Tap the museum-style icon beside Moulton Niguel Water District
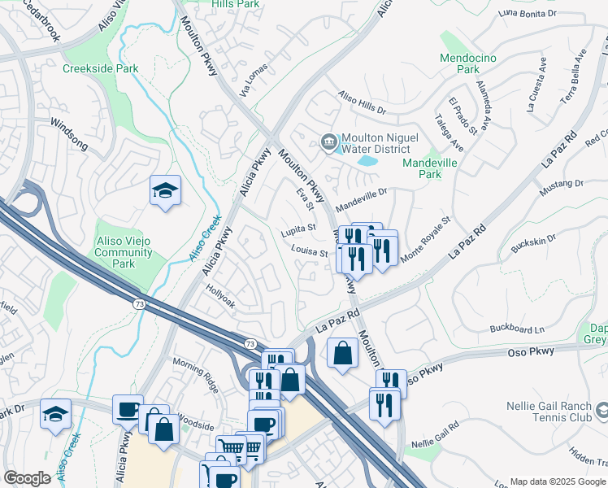click(x=329, y=142)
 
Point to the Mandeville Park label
click(x=433, y=168)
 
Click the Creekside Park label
click(x=100, y=68)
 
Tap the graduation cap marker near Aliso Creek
click(x=165, y=191)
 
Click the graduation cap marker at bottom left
click(x=55, y=415)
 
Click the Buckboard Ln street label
click(x=517, y=329)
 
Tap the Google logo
click(x=27, y=478)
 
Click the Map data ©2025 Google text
click(x=557, y=481)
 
